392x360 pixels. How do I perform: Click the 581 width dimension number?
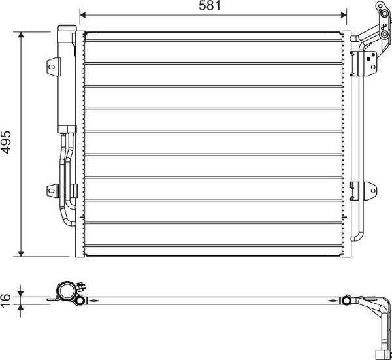point(212,6)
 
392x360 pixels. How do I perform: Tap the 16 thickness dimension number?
point(5,298)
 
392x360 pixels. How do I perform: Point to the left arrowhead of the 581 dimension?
point(83,13)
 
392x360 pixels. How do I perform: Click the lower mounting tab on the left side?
point(53,190)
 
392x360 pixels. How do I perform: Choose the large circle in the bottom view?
point(65,291)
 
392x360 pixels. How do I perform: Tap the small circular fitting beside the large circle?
point(79,301)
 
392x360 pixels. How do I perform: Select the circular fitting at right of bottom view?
point(347,301)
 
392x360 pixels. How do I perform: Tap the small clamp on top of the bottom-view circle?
point(80,285)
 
